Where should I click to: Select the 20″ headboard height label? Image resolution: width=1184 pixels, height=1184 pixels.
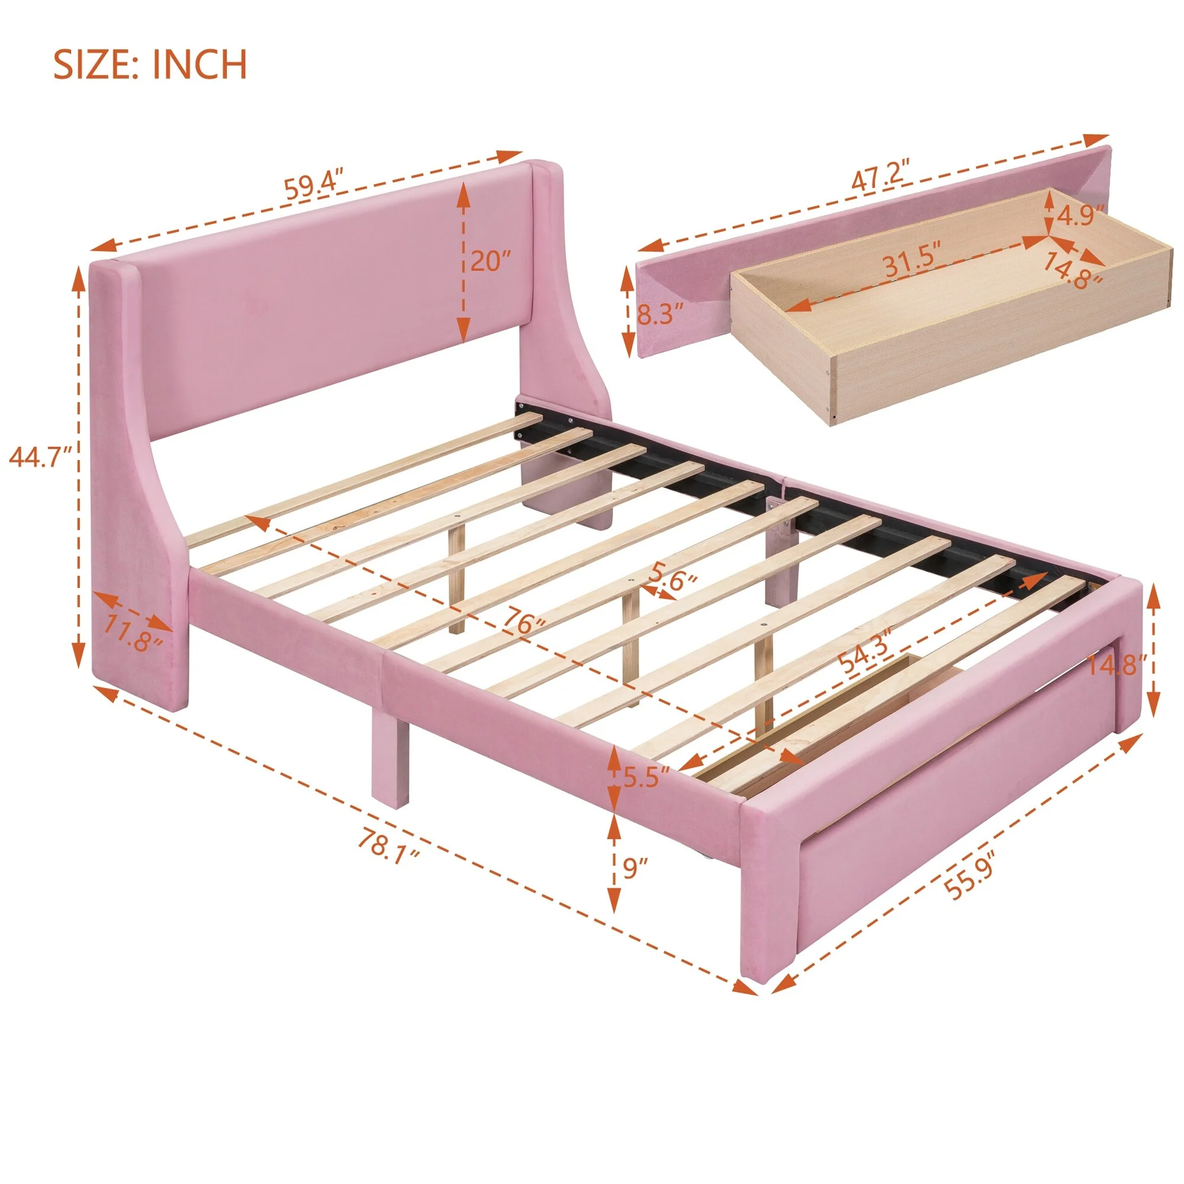490,262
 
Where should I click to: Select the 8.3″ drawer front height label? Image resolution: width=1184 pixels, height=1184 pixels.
659,316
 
